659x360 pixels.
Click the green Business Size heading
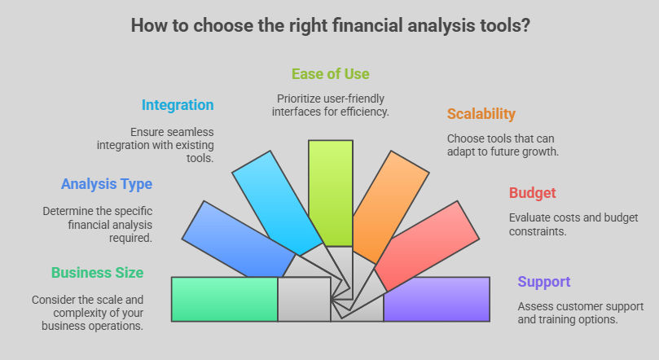[97, 273]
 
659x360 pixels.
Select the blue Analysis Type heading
[107, 184]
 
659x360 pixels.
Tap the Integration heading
[178, 105]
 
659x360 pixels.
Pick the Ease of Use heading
[331, 74]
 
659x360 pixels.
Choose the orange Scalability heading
[481, 114]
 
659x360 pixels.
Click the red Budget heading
[533, 193]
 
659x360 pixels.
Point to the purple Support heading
[544, 282]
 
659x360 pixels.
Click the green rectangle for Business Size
[225, 299]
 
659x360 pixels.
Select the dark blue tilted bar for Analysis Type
[239, 239]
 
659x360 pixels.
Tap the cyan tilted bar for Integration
[278, 204]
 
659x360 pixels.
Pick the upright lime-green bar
[331, 193]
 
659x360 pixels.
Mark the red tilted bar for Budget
[427, 246]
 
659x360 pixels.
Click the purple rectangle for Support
[437, 299]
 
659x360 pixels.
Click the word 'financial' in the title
[367, 25]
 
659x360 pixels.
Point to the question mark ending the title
[525, 25]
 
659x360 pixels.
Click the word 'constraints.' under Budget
[538, 231]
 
